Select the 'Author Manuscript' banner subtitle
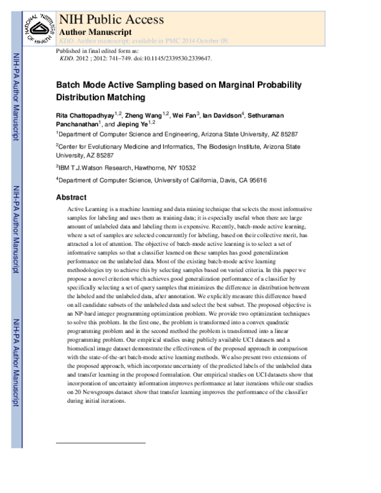(x=95, y=31)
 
